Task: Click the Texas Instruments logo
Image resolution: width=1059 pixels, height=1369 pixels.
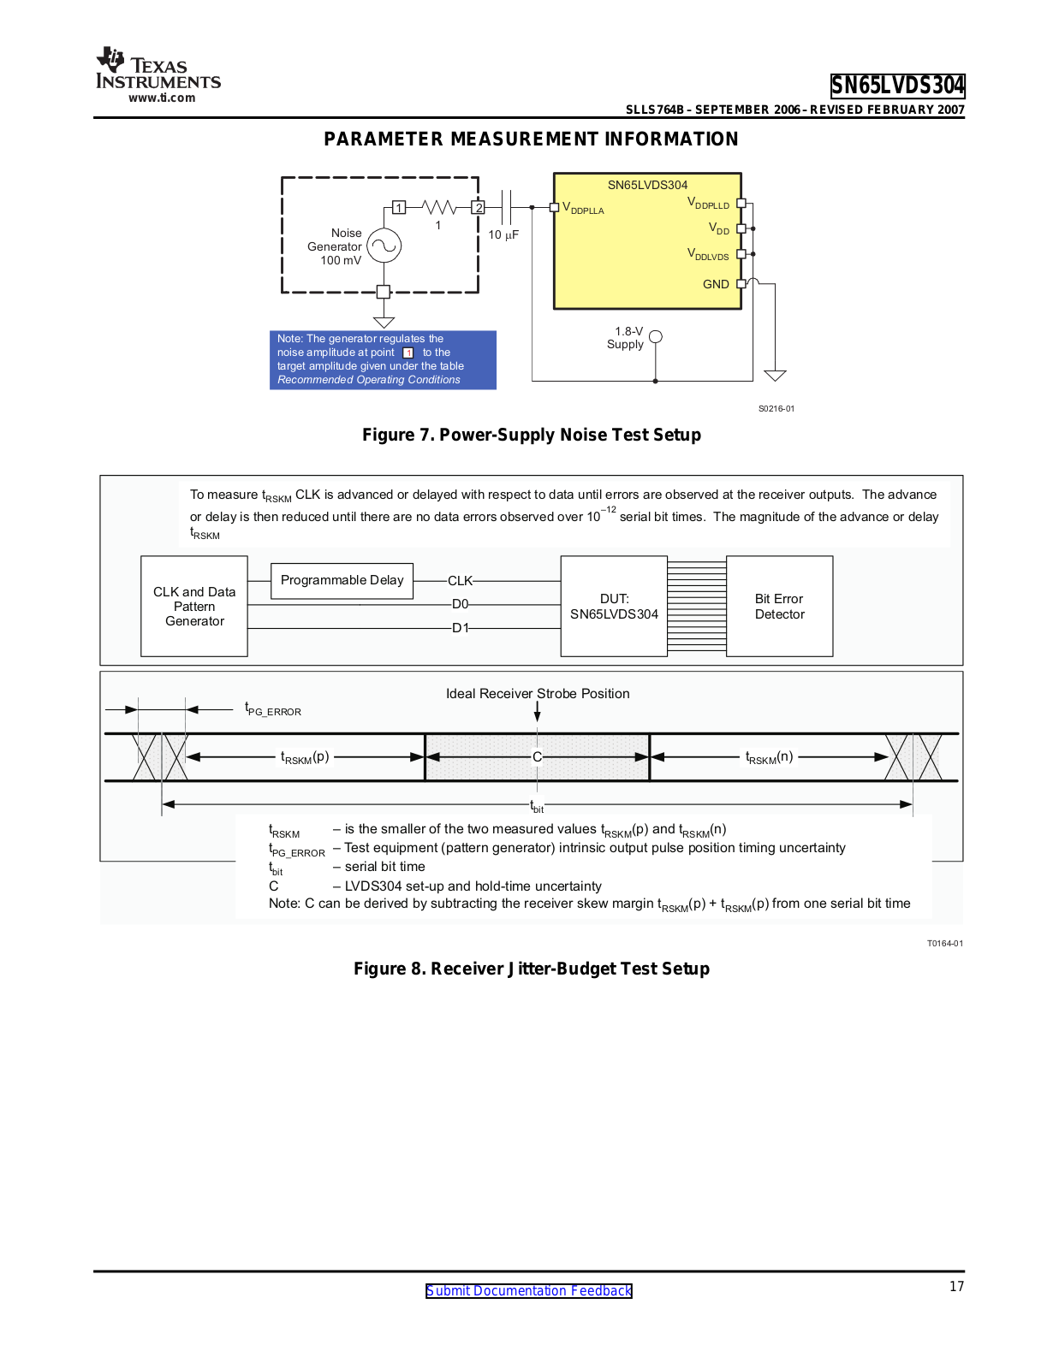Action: [158, 75]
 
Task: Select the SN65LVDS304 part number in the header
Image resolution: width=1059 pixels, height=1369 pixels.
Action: [897, 86]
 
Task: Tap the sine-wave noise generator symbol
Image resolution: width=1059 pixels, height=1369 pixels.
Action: [384, 246]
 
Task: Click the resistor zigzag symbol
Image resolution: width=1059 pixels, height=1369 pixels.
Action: [439, 207]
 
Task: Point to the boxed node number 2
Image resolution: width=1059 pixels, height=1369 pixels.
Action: [479, 207]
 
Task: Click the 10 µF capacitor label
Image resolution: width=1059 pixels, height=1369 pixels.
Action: [503, 234]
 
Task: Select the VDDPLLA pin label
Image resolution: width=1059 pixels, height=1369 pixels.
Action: [583, 208]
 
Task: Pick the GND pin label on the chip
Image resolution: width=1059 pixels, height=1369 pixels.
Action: [716, 284]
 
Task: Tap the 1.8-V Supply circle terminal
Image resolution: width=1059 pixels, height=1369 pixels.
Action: [656, 337]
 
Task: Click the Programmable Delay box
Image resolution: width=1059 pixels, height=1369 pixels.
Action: [342, 580]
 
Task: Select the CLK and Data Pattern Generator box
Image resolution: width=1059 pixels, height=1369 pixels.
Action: [194, 607]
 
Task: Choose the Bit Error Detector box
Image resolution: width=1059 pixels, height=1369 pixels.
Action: [779, 607]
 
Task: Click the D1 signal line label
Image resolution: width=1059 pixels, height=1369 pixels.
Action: [461, 628]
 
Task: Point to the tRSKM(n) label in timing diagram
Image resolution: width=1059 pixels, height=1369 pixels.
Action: [769, 757]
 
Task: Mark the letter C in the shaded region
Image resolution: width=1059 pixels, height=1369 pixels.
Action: [537, 757]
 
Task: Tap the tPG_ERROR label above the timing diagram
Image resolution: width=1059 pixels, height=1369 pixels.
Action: [273, 709]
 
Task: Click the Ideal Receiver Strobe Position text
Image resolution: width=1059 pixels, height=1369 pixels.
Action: [538, 694]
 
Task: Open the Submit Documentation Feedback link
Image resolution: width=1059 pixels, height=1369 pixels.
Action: [529, 1290]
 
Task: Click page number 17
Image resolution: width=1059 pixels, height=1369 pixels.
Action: [956, 1286]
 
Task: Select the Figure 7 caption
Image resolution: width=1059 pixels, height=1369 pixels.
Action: [531, 435]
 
